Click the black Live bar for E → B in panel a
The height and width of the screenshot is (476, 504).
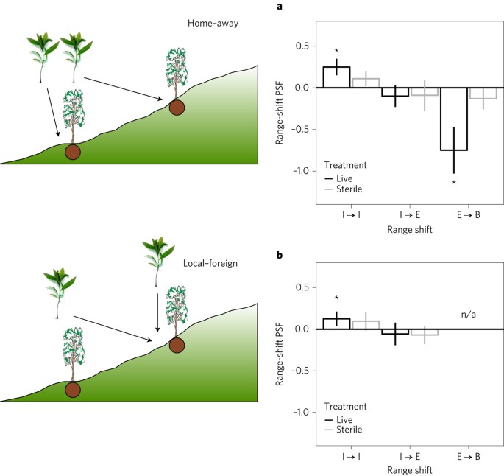[x=454, y=119]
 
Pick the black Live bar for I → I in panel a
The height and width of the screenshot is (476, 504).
[x=336, y=77]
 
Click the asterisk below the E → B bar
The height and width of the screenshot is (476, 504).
[x=454, y=183]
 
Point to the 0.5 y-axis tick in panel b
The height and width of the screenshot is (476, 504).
[x=299, y=287]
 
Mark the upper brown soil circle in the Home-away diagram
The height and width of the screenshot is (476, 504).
[x=177, y=107]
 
